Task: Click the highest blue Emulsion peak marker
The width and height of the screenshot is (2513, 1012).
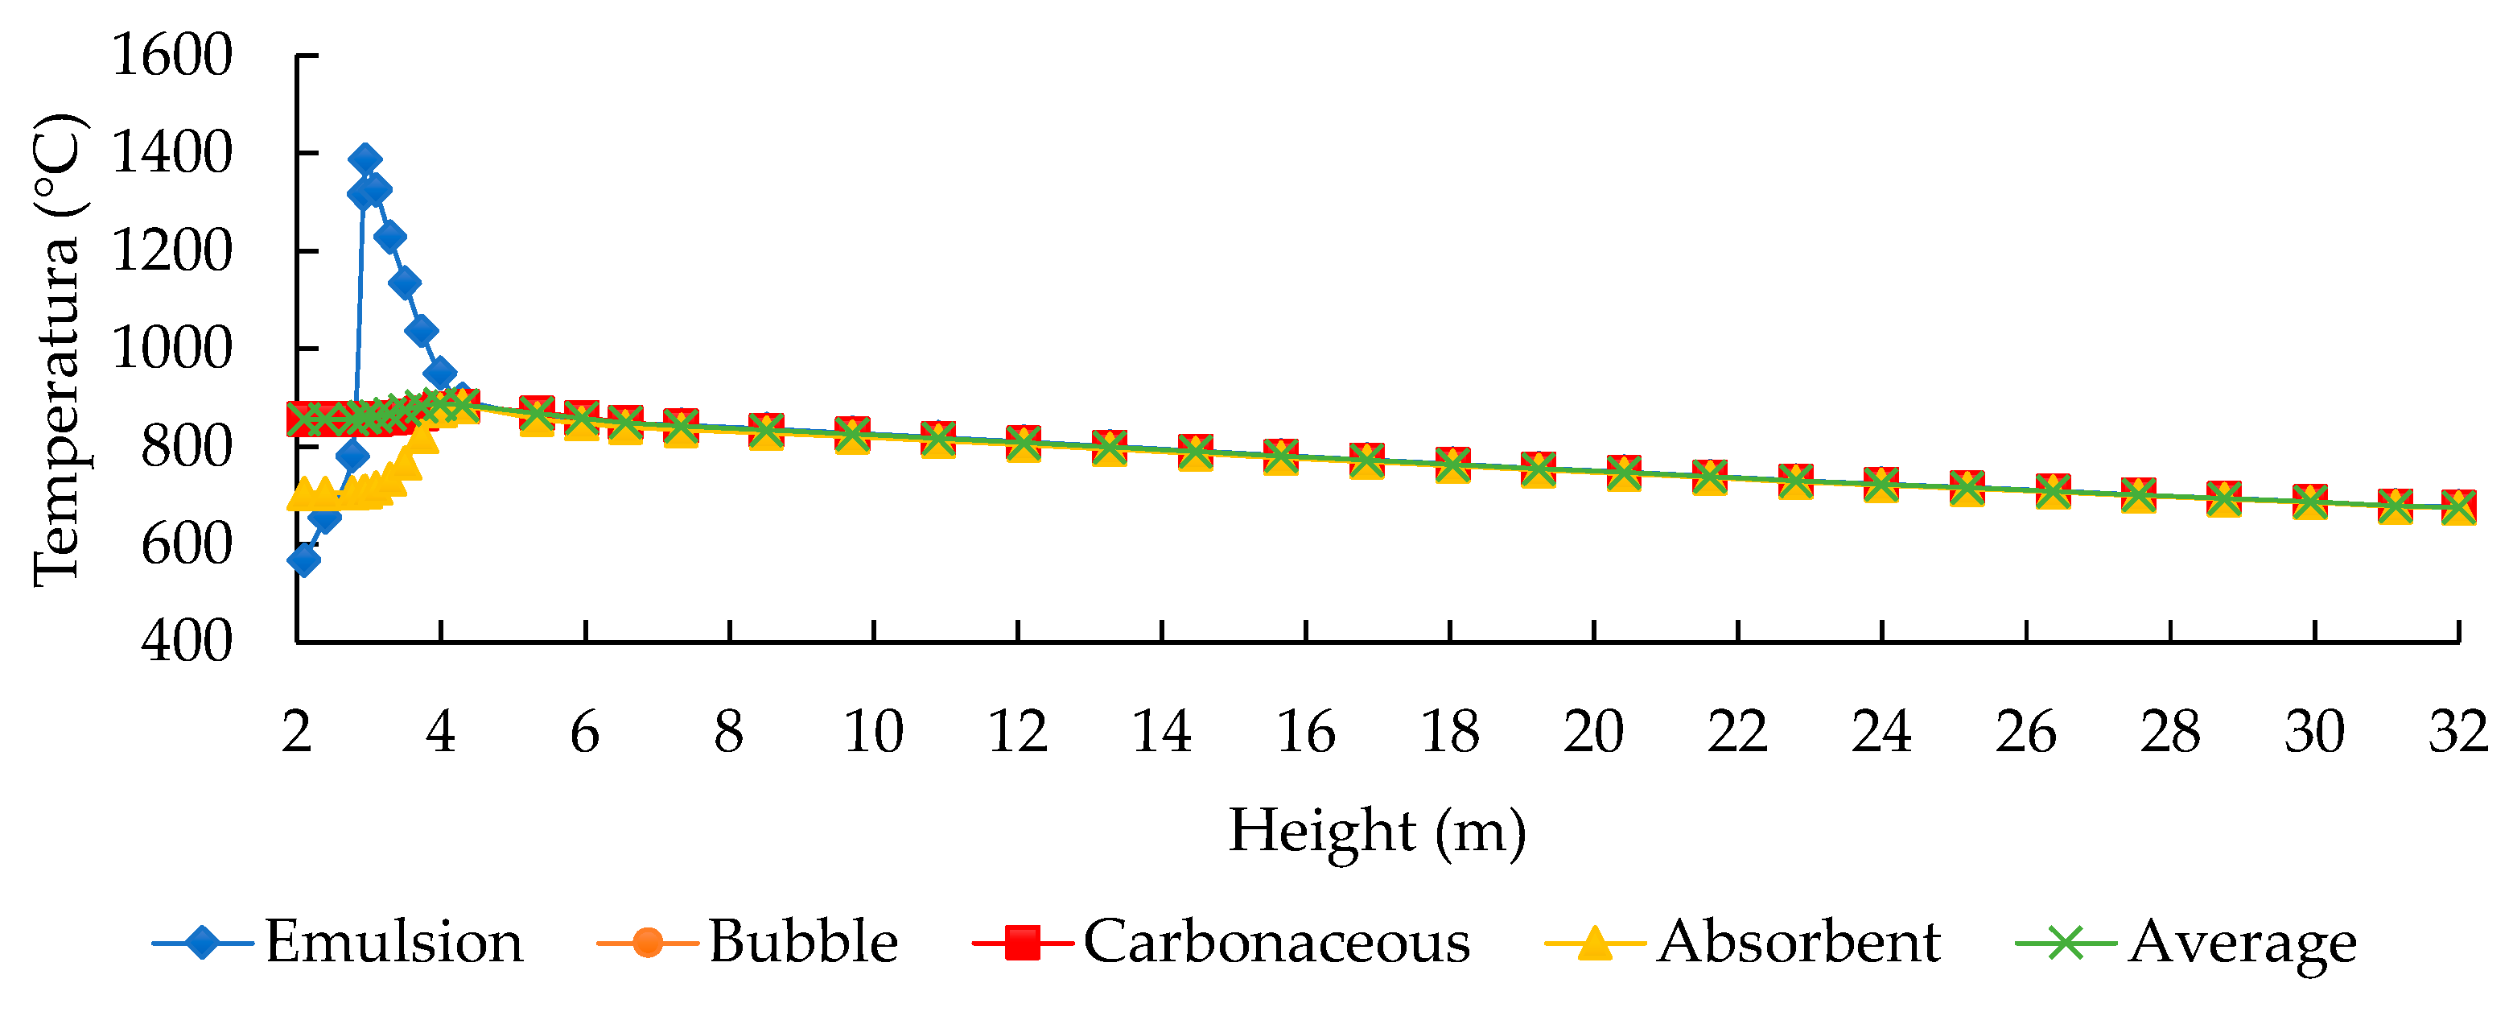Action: click(365, 159)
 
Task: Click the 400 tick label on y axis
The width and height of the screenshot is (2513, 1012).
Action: click(187, 642)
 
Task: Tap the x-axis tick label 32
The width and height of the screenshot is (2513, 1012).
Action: click(2457, 732)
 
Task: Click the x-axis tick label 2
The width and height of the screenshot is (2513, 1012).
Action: click(297, 732)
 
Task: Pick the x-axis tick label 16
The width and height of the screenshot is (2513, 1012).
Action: click(1305, 732)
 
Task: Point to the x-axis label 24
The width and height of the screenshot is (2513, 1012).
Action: click(1881, 732)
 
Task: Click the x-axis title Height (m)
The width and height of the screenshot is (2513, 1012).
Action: click(1377, 832)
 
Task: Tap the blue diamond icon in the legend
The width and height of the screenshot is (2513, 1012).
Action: click(202, 943)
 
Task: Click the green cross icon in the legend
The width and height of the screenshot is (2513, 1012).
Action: click(2066, 943)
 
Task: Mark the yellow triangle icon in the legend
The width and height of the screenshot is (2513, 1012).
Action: click(1595, 943)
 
